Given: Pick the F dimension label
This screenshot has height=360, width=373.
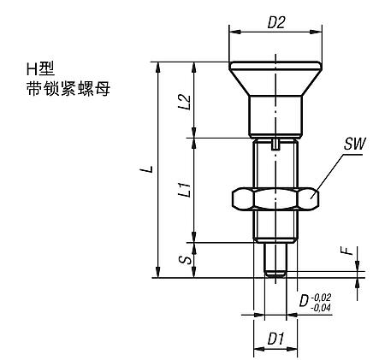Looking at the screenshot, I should click(x=346, y=252).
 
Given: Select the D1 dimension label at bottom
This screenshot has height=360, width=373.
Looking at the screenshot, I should click(x=275, y=339).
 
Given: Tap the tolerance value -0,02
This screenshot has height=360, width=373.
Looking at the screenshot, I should click(x=323, y=295).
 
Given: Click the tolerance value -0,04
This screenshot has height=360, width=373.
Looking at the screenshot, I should click(x=323, y=306).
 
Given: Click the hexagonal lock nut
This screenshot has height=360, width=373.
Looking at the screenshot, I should click(x=274, y=199).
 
